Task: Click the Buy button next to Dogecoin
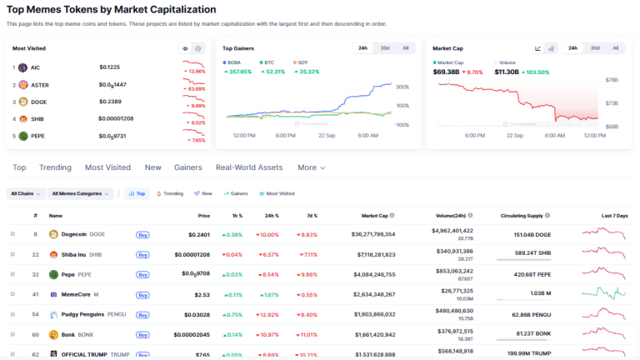[x=142, y=235]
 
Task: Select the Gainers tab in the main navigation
[x=188, y=167]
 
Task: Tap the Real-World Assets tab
[x=249, y=167]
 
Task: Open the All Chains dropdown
[x=25, y=193]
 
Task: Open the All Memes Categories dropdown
[x=80, y=193]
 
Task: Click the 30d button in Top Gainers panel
[x=385, y=48]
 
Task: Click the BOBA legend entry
[x=232, y=62]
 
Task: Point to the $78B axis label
[x=612, y=81]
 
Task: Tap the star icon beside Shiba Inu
[x=12, y=254]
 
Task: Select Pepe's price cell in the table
[x=195, y=274]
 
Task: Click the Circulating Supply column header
[x=523, y=215]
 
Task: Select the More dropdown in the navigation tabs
[x=311, y=167]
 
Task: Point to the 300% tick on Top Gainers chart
[x=401, y=87]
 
